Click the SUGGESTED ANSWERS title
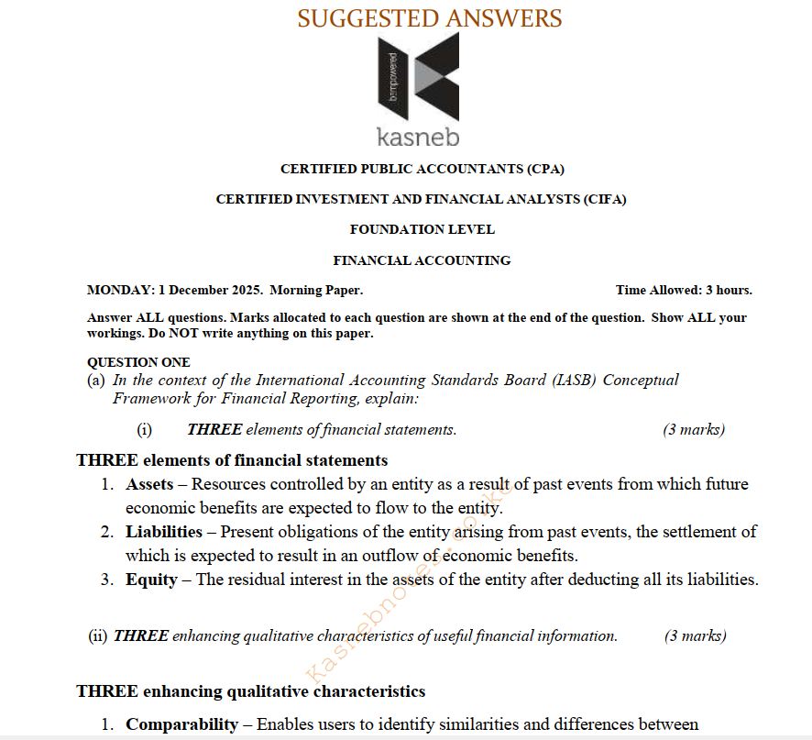(x=430, y=17)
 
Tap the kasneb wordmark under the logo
(x=418, y=138)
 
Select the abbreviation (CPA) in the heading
(x=544, y=169)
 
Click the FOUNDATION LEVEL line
(x=422, y=229)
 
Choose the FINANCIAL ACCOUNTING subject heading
(x=422, y=260)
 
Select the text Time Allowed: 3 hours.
(x=684, y=291)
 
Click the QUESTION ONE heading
(x=138, y=362)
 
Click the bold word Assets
(x=149, y=484)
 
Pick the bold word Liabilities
(x=164, y=532)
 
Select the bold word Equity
(x=151, y=580)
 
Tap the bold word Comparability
(x=182, y=724)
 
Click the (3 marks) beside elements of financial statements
(x=694, y=429)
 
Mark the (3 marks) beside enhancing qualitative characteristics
(x=696, y=635)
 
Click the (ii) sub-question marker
(x=98, y=635)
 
